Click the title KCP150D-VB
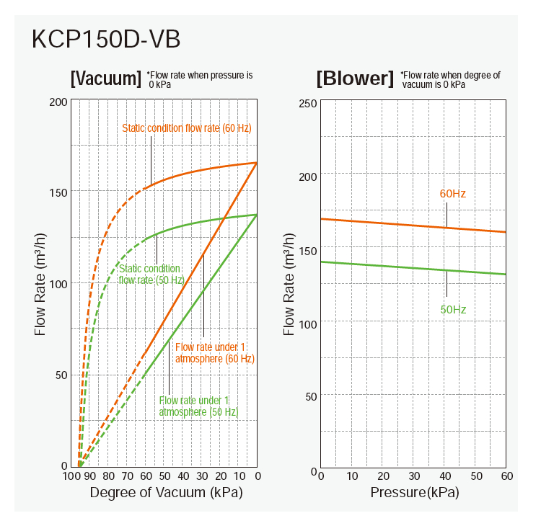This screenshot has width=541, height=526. click(x=106, y=40)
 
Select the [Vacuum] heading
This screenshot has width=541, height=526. click(x=105, y=78)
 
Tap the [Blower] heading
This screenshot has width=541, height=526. click(x=355, y=78)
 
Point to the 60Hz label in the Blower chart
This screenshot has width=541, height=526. click(x=453, y=194)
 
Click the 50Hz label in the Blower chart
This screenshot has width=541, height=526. click(x=453, y=310)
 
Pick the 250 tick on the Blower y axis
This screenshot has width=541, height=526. click(x=308, y=103)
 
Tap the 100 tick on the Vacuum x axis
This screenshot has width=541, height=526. click(x=71, y=476)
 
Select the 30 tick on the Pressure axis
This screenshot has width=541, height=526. click(x=414, y=476)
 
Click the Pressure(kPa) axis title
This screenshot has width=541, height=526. click(x=414, y=494)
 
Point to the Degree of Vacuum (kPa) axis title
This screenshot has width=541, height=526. click(x=166, y=494)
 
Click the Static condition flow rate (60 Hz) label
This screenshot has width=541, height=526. click(x=186, y=128)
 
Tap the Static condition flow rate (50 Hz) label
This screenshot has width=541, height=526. click(x=151, y=274)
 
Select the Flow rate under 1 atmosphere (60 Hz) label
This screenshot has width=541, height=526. click(x=214, y=352)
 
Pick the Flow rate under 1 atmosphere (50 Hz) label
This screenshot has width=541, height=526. click(x=198, y=406)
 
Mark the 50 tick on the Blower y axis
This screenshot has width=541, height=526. click(x=311, y=396)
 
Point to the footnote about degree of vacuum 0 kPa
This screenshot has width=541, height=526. click(x=451, y=79)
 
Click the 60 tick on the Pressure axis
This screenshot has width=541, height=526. click(x=506, y=476)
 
